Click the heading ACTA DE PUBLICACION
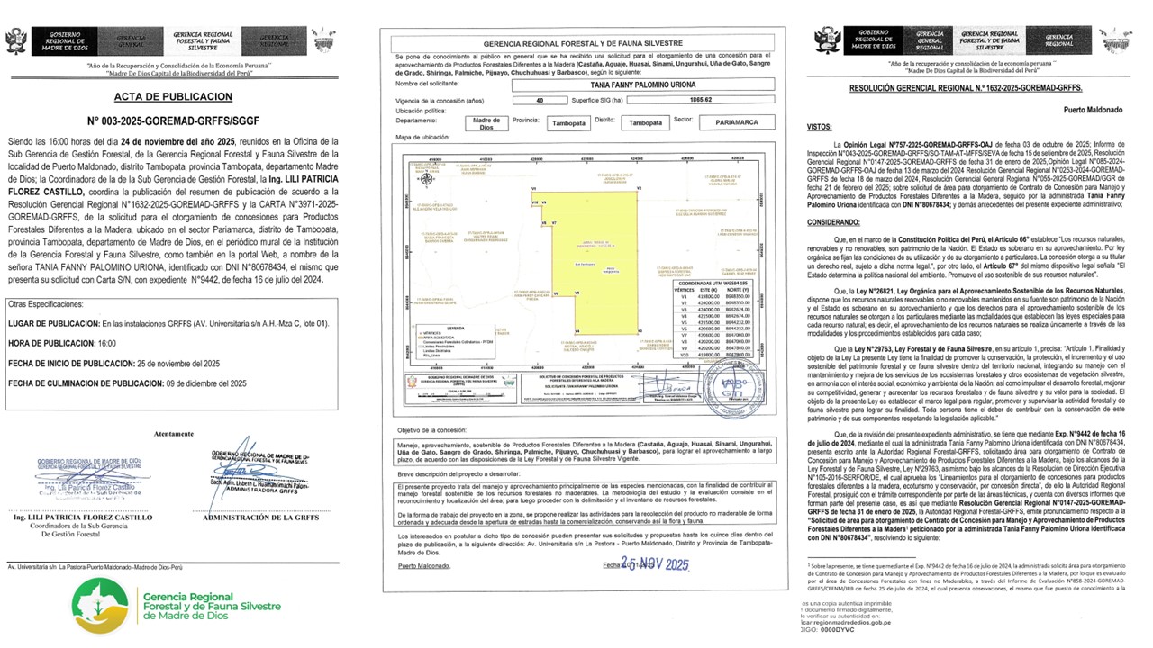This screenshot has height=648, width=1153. [x=173, y=96]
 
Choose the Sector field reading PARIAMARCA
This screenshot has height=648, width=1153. [x=736, y=121]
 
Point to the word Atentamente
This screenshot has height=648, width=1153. [x=173, y=433]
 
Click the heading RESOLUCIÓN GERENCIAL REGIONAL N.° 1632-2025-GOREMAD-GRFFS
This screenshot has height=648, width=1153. [x=966, y=88]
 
